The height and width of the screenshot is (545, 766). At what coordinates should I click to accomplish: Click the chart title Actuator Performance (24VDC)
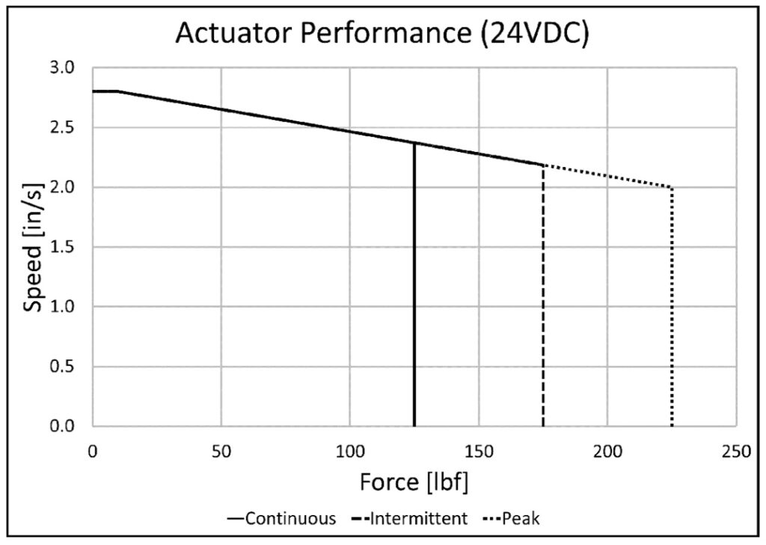click(382, 34)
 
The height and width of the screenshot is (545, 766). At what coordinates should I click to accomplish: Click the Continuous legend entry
click(281, 518)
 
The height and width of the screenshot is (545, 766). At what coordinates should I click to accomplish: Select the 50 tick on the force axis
click(221, 452)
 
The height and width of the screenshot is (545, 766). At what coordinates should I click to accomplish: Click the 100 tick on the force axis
click(349, 452)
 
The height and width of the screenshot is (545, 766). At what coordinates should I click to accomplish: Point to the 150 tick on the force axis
click(479, 452)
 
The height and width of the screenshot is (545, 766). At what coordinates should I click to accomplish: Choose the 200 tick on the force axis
click(607, 452)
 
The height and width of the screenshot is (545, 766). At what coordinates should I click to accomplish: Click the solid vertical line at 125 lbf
click(414, 299)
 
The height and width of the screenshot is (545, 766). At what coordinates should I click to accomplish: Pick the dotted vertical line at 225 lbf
click(672, 314)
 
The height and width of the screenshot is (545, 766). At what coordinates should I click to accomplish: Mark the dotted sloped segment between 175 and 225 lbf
click(607, 176)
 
